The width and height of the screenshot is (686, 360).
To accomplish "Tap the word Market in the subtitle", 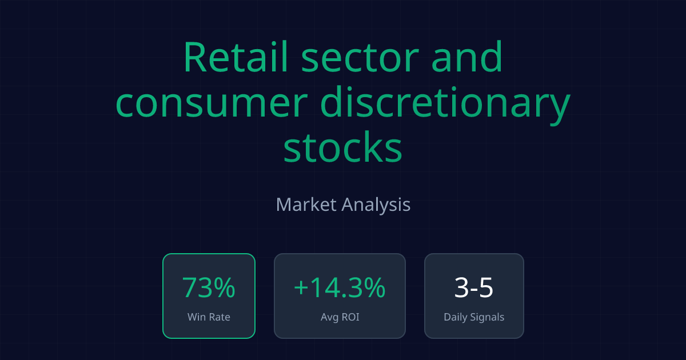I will (x=306, y=204).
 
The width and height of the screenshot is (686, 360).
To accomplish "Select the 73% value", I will (x=209, y=287).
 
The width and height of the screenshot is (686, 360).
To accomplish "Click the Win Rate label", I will (x=209, y=317).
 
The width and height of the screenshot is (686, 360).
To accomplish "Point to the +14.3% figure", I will (x=340, y=287).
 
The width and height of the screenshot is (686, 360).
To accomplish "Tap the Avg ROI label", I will (x=340, y=317).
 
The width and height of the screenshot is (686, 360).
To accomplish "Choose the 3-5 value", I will (x=474, y=287).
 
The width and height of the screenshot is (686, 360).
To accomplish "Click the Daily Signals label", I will (x=474, y=317).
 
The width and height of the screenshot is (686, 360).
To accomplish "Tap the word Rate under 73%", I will (x=220, y=317).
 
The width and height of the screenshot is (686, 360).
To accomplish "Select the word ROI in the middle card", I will (x=349, y=317).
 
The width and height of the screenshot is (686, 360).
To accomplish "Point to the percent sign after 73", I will (x=225, y=287).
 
